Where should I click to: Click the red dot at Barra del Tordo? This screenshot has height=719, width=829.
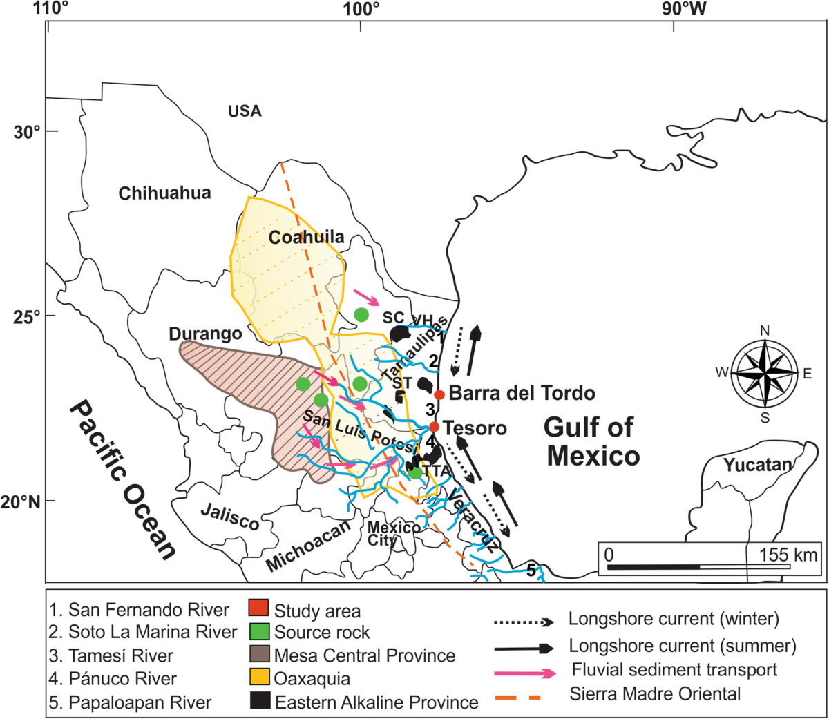coord(439,394)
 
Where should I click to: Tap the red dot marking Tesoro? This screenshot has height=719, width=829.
coord(434,427)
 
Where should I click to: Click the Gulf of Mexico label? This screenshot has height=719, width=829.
coord(592,442)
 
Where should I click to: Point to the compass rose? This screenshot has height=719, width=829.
coord(764,373)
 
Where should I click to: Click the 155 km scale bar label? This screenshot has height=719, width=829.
coord(788,555)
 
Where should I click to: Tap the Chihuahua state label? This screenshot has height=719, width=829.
coord(164,193)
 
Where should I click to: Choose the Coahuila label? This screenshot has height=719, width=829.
coord(306,238)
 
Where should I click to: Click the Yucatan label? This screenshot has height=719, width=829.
coord(758,465)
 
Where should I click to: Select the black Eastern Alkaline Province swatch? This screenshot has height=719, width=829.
coord(258,702)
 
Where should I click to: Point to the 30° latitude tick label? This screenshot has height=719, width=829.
coord(27,132)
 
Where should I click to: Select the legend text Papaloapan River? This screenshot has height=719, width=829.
coord(140,702)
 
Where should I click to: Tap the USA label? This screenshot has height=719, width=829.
coord(245,111)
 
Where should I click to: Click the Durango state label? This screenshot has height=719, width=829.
coord(205,334)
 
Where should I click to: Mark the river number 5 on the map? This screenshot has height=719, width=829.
coord(531,571)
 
